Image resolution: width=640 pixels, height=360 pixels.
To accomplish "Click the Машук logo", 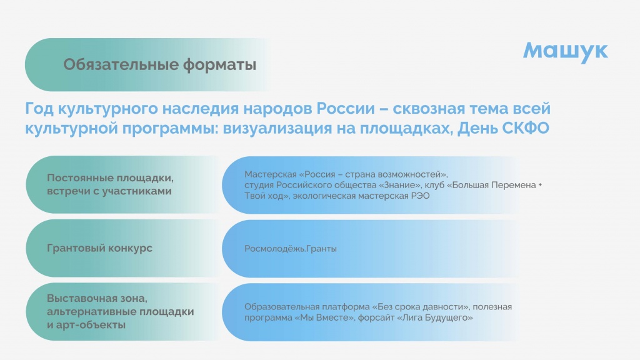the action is click(565, 51).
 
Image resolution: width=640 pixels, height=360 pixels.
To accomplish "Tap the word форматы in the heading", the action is click(219, 65).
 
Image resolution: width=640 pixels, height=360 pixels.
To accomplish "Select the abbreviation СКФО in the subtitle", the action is click(526, 128).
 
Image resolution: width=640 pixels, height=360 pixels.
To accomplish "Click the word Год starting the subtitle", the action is click(39, 109).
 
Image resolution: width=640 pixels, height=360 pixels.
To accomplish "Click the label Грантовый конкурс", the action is click(99, 248).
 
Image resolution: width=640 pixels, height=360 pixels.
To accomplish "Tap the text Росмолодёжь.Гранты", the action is click(291, 249).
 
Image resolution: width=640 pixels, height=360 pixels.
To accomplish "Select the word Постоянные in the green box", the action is click(79, 178).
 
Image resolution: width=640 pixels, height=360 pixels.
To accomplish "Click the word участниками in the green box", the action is click(137, 191).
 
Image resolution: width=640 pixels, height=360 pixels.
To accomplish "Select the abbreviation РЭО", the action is click(420, 196).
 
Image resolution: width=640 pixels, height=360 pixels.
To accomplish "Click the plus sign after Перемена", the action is click(540, 185).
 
